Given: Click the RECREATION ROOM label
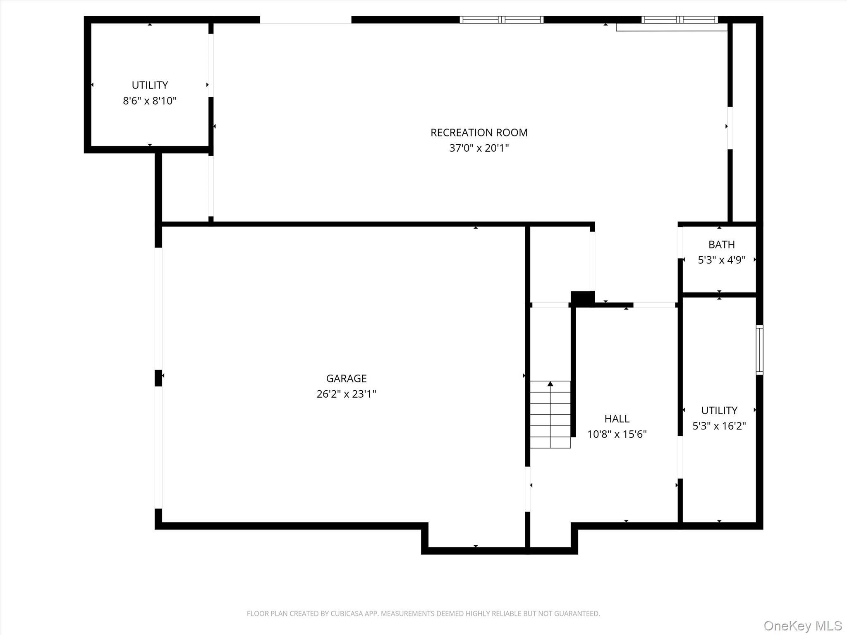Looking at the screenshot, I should pyautogui.click(x=479, y=133).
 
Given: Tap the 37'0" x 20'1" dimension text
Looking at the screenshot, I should pyautogui.click(x=479, y=148).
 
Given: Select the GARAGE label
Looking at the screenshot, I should pyautogui.click(x=346, y=378).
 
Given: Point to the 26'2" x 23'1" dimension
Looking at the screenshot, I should pyautogui.click(x=346, y=394).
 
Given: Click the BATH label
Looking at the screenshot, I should pyautogui.click(x=721, y=244).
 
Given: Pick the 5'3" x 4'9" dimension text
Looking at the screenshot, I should pyautogui.click(x=721, y=260).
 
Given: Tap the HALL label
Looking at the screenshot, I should pyautogui.click(x=617, y=419).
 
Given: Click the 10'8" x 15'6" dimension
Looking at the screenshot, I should pyautogui.click(x=617, y=434).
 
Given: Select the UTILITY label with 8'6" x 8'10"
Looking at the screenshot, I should pyautogui.click(x=150, y=85).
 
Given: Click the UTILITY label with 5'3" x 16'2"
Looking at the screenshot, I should pyautogui.click(x=719, y=411).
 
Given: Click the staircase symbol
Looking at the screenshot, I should pyautogui.click(x=550, y=415).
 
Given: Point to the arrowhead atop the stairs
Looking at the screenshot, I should pyautogui.click(x=550, y=384).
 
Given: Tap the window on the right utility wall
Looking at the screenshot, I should pyautogui.click(x=759, y=350).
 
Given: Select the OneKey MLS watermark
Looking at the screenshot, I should pyautogui.click(x=802, y=625).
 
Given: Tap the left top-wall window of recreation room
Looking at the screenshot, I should pyautogui.click(x=501, y=19).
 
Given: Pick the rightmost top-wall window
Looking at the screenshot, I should pyautogui.click(x=680, y=19).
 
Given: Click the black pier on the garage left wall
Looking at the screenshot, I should pyautogui.click(x=158, y=378).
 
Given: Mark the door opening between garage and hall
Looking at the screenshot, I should pyautogui.click(x=527, y=489).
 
